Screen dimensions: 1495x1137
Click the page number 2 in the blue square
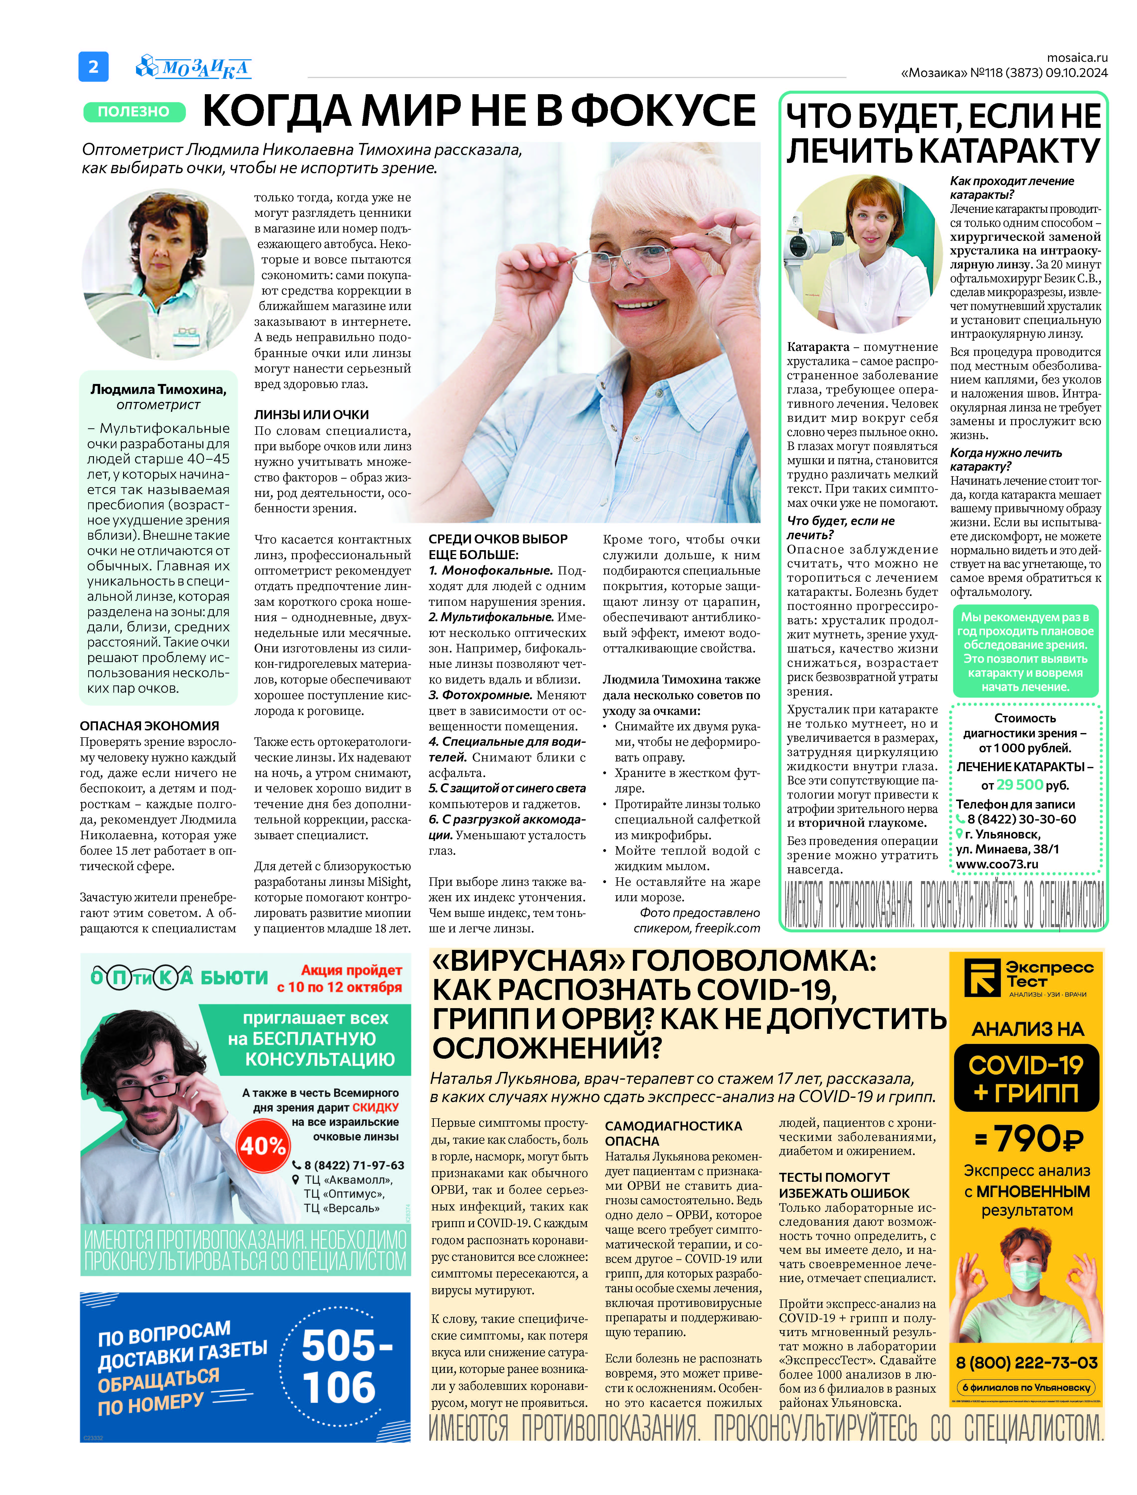[93, 66]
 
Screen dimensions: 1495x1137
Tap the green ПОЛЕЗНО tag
[134, 112]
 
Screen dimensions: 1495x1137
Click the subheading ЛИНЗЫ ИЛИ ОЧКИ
[311, 414]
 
